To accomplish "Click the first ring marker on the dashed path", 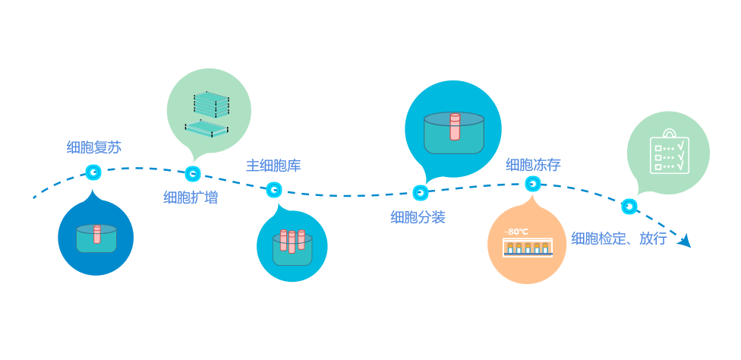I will coord(93,172).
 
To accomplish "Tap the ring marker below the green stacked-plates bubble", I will coord(193,174).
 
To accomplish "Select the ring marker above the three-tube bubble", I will coord(274,189).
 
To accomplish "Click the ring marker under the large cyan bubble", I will coord(421,193).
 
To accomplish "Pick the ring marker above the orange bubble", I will coord(533,184).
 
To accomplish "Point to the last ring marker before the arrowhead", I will coord(629,206).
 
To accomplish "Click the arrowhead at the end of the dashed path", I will coord(686,241).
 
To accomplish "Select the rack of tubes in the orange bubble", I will coord(527,248).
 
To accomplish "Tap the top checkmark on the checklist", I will coord(681,145).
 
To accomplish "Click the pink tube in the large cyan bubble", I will coord(455,127).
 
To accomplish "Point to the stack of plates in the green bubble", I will coord(211,105).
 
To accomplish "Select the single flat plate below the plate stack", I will coord(207,129).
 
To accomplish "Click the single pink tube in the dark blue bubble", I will coord(97,234).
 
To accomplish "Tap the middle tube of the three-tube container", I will coord(292,242).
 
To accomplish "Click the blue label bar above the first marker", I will coord(94,147).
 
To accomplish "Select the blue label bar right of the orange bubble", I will coord(619,238).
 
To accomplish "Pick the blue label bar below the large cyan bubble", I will coord(419,217).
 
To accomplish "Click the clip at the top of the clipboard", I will coord(670,134).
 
